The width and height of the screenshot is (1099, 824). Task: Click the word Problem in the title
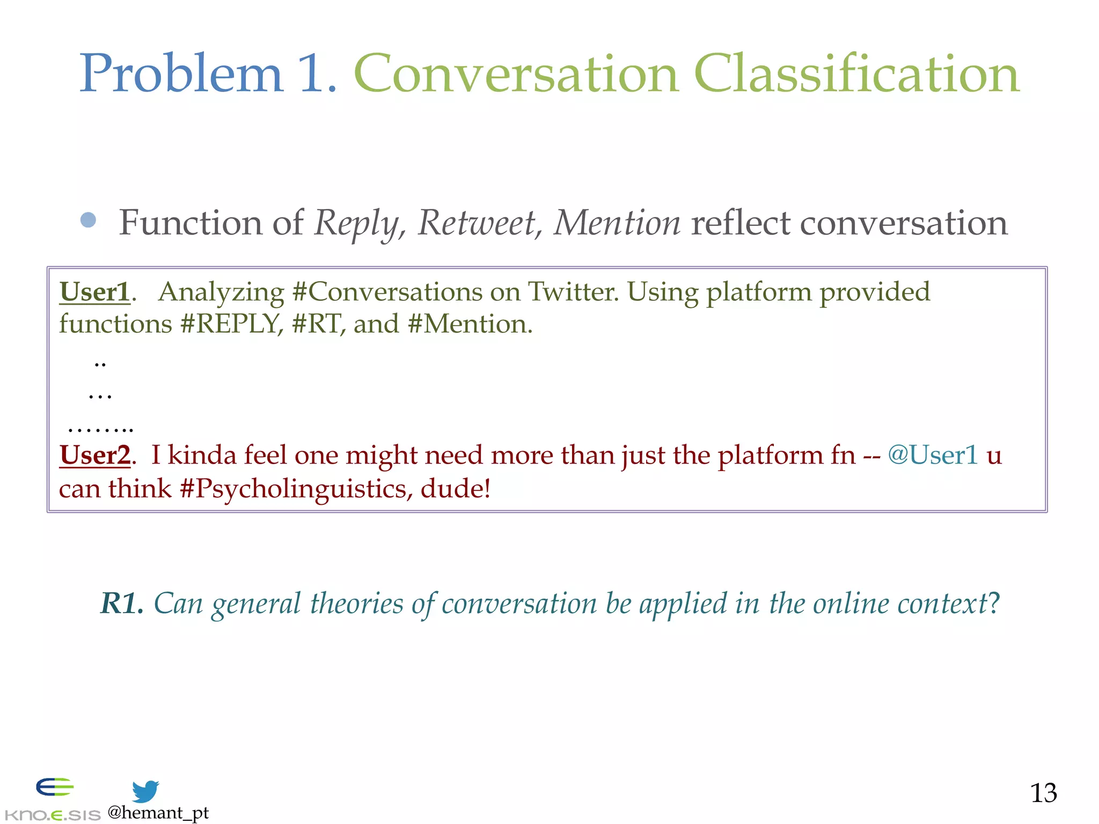coord(181,74)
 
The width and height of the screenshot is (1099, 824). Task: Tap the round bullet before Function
coord(88,220)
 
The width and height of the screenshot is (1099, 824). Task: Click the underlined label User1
coord(95,292)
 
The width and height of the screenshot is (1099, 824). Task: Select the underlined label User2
coord(95,455)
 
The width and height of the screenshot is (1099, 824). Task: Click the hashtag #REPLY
coord(231,324)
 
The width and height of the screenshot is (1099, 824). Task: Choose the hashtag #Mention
coord(470,324)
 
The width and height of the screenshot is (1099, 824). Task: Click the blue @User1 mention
coord(933,455)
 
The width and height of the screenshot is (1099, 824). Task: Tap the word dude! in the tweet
coord(456,489)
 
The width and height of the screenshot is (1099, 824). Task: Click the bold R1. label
coord(122,603)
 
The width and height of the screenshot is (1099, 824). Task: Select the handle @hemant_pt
coord(158,813)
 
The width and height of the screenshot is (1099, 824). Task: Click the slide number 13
coord(1043,793)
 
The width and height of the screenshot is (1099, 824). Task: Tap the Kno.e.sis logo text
coord(53,815)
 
